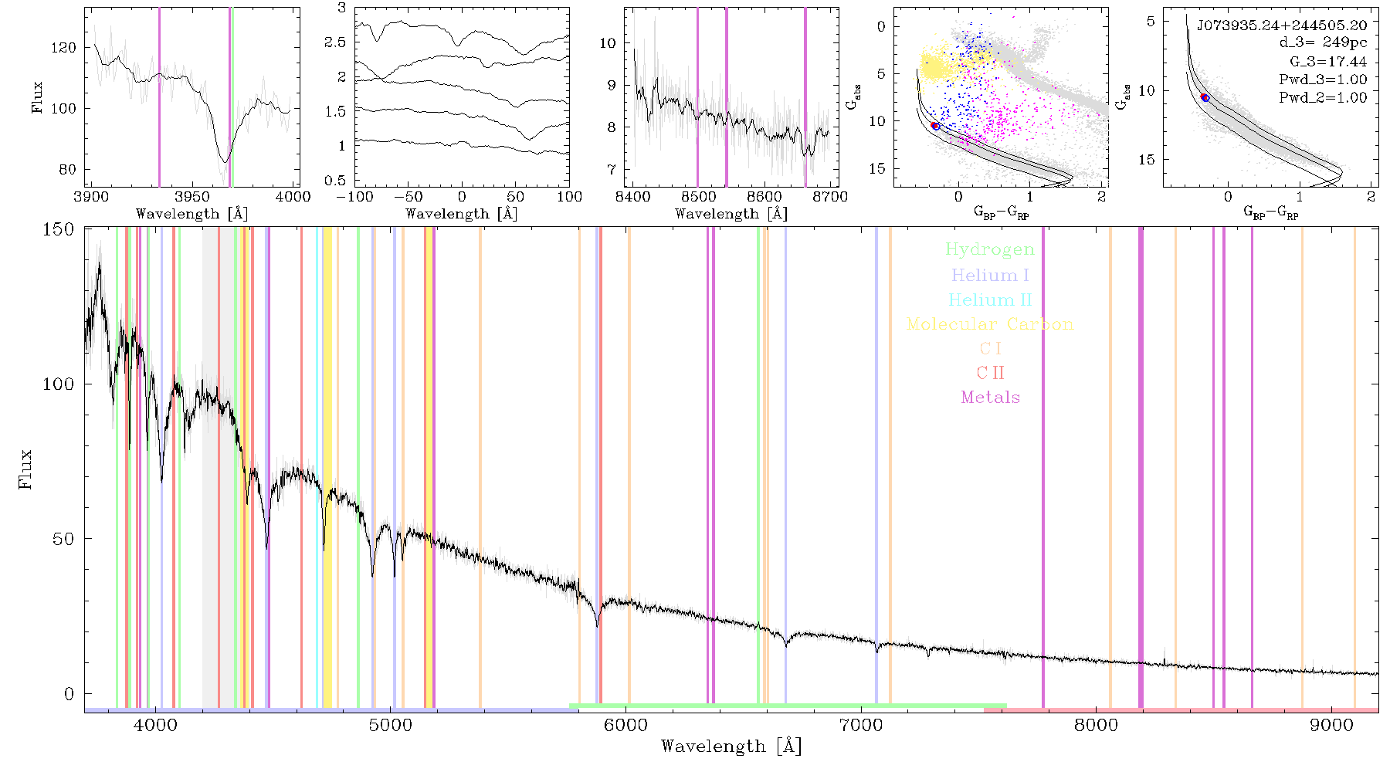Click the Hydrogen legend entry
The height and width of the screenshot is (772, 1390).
(990, 250)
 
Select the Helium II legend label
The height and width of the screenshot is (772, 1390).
(990, 300)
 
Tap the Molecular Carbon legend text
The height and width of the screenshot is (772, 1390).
(990, 324)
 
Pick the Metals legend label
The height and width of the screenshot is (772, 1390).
(991, 398)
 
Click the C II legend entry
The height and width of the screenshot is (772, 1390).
(991, 373)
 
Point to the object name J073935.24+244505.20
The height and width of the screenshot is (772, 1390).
(1282, 25)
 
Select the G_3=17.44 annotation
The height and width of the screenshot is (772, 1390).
(1328, 62)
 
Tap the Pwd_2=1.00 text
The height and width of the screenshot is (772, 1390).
(1323, 97)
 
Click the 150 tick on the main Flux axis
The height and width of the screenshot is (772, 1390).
(59, 229)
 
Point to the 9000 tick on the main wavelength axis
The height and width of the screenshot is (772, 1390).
(1331, 725)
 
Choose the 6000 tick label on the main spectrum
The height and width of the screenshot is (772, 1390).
(625, 725)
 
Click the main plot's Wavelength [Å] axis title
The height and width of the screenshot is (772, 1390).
(731, 746)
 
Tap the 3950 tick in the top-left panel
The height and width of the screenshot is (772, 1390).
(192, 197)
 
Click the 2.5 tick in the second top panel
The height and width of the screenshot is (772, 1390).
(335, 42)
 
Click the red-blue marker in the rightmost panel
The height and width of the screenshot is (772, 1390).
(1205, 97)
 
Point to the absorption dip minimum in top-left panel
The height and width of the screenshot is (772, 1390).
(225, 161)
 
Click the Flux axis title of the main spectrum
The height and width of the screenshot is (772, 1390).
(26, 469)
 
